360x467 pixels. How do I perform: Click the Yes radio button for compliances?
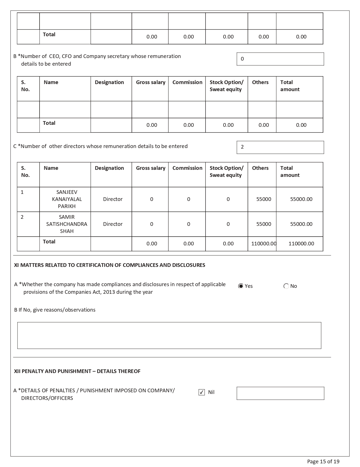pos(241,286)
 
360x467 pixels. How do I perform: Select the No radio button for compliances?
pos(286,286)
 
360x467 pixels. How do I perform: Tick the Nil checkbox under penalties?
pos(202,392)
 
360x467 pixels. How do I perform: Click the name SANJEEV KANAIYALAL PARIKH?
pos(67,199)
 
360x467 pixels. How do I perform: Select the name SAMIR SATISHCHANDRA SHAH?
pos(67,224)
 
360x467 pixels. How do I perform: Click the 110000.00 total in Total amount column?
pos(301,244)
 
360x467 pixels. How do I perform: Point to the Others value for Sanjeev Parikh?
pos(263,199)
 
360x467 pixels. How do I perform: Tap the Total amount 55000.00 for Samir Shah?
pos(301,224)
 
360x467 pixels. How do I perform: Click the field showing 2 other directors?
pos(280,147)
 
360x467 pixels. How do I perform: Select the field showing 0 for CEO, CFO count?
pos(280,59)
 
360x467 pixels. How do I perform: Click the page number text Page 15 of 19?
pos(323,462)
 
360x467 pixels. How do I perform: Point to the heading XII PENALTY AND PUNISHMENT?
pos(77,371)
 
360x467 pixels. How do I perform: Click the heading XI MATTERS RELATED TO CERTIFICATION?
pos(110,265)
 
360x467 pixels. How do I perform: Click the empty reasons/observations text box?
pos(169,335)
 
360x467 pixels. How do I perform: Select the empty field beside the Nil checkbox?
pos(280,393)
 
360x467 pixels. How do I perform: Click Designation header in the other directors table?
pos(109,168)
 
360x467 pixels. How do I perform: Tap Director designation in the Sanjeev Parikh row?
pos(113,199)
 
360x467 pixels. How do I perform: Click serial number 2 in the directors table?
pos(22,217)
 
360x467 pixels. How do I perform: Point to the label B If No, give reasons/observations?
pos(55,310)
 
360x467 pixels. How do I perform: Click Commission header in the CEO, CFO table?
pos(187,82)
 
